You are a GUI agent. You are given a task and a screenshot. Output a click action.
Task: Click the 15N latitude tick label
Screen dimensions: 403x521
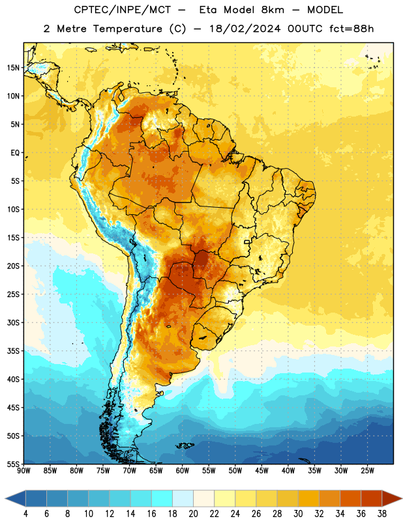point(13,68)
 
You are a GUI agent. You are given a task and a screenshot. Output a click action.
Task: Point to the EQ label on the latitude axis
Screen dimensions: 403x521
point(15,153)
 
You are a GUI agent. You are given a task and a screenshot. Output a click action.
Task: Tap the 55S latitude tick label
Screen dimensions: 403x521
point(13,464)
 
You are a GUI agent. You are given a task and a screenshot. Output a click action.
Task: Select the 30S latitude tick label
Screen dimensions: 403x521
point(13,322)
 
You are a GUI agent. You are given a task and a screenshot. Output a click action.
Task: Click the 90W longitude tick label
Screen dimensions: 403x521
point(23,471)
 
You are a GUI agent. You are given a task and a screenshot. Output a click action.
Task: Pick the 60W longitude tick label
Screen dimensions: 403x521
point(183,471)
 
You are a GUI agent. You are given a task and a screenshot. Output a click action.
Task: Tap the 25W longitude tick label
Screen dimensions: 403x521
point(367,471)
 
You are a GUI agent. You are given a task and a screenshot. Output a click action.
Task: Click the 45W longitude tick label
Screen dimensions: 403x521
point(261,471)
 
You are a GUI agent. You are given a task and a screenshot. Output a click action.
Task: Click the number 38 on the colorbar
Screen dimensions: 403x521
point(381,514)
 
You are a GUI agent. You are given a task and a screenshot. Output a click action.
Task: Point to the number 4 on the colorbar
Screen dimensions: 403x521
point(25,514)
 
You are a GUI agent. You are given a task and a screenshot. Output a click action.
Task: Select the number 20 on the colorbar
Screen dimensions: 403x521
point(193,514)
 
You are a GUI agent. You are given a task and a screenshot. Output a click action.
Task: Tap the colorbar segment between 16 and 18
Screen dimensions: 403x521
point(162,498)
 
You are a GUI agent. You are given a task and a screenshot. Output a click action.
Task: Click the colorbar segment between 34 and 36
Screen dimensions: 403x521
point(350,498)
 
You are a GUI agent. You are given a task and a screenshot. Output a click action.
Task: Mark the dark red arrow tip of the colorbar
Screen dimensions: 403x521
point(402,498)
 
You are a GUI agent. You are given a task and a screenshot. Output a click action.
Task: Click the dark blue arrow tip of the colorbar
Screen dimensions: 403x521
point(5,498)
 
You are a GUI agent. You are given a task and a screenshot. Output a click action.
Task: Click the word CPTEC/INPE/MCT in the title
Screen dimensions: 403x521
point(122,10)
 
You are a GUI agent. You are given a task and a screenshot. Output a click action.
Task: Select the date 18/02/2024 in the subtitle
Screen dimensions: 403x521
point(245,29)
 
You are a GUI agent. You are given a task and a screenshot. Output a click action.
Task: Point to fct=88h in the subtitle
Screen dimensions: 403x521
point(351,29)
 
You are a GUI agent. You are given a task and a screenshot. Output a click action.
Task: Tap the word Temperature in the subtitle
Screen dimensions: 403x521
point(127,29)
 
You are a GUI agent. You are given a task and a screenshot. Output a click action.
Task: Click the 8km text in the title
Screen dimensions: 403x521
point(273,10)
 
